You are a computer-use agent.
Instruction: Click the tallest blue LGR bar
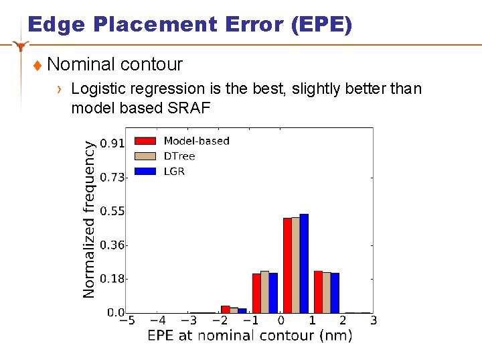(x=304, y=263)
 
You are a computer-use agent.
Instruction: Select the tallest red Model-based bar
(x=287, y=265)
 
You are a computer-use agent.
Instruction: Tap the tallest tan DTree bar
(x=295, y=265)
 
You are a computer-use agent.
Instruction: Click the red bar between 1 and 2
(x=318, y=292)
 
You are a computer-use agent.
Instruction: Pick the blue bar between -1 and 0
(x=273, y=293)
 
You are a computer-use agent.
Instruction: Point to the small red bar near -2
(x=226, y=309)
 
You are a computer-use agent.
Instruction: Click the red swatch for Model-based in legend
(x=145, y=141)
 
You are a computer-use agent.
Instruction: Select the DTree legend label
(x=179, y=156)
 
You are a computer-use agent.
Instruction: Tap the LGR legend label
(x=174, y=171)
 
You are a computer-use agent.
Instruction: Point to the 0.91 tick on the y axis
(x=112, y=143)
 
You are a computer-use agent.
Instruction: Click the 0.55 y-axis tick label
(x=112, y=211)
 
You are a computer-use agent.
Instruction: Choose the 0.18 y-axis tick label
(x=112, y=278)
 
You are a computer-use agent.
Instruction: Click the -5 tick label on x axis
(x=127, y=321)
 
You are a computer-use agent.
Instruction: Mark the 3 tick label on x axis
(x=373, y=321)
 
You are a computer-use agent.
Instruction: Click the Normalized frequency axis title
(x=89, y=218)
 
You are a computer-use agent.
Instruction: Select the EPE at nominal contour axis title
(x=250, y=336)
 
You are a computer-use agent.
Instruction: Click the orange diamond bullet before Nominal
(x=37, y=66)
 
